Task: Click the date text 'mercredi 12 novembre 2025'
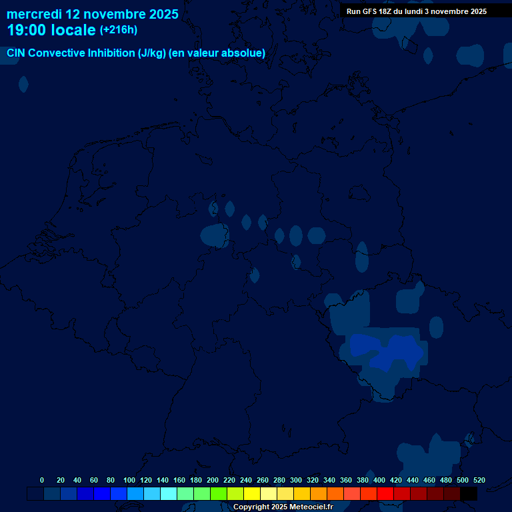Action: pyautogui.click(x=93, y=14)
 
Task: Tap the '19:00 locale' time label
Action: pyautogui.click(x=51, y=30)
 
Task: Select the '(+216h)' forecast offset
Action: pyautogui.click(x=119, y=30)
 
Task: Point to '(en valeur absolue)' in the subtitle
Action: pyautogui.click(x=217, y=53)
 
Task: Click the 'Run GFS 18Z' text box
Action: pyautogui.click(x=417, y=11)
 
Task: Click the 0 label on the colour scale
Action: pyautogui.click(x=42, y=480)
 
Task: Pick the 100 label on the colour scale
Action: pyautogui.click(x=129, y=480)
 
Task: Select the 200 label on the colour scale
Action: pyautogui.click(x=213, y=480)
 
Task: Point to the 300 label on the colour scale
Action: pyautogui.click(x=296, y=480)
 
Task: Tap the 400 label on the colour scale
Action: pyautogui.click(x=379, y=480)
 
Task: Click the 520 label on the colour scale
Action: pyautogui.click(x=479, y=480)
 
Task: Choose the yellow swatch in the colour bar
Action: pyautogui.click(x=252, y=494)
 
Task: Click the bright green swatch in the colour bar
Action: pyautogui.click(x=219, y=494)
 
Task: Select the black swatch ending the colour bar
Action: pyautogui.click(x=469, y=494)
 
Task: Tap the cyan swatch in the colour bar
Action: pyautogui.click(x=169, y=494)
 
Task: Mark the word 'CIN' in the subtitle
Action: pyautogui.click(x=17, y=53)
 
